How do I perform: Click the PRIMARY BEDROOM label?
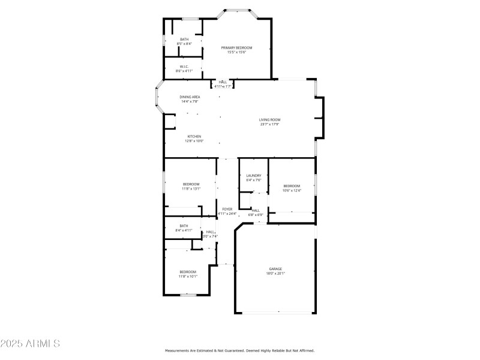coord(236,48)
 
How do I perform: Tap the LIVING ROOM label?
coord(270,120)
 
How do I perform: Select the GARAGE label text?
coord(275,269)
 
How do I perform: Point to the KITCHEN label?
coord(194,136)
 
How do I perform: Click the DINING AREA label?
coord(190,97)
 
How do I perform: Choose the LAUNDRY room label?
coord(253,175)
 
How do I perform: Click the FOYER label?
coord(227,209)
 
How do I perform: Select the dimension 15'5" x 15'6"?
coord(236,52)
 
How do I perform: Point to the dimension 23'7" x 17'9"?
coord(270,124)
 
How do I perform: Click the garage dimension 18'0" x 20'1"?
coord(275,273)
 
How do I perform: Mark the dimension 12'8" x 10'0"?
coord(194,141)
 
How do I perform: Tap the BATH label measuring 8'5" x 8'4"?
coord(184,40)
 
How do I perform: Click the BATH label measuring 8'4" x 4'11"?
coord(184,226)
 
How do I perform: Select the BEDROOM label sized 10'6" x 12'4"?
coord(292,186)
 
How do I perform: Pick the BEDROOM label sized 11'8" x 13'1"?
coord(191,184)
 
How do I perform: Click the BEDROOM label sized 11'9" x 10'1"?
coord(187,272)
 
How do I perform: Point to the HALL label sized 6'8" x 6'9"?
coord(256,211)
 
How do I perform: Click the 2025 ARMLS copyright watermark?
coord(30,344)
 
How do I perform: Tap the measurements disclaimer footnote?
coord(239,350)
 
